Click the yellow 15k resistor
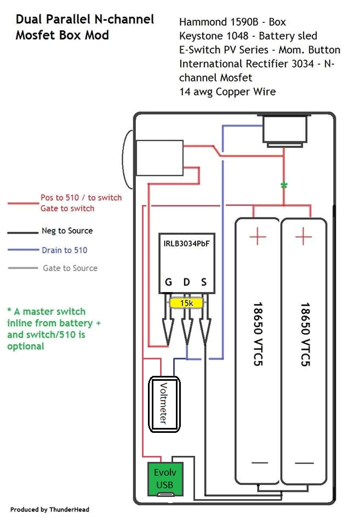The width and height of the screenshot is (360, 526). click(x=186, y=303)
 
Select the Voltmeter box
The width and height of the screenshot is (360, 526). click(x=165, y=404)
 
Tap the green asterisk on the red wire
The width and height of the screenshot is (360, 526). click(x=284, y=186)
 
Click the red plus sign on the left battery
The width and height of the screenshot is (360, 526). click(x=258, y=237)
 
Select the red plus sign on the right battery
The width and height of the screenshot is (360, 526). click(x=303, y=237)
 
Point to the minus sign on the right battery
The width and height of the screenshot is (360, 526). click(x=304, y=463)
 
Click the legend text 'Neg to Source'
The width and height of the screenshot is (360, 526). click(x=67, y=231)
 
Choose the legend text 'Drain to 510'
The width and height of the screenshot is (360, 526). click(x=64, y=250)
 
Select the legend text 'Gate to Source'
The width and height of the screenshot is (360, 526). click(x=70, y=268)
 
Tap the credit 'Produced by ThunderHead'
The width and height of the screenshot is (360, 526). click(x=49, y=510)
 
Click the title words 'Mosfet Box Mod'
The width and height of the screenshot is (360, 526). click(x=62, y=35)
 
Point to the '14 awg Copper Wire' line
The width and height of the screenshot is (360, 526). click(x=227, y=92)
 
